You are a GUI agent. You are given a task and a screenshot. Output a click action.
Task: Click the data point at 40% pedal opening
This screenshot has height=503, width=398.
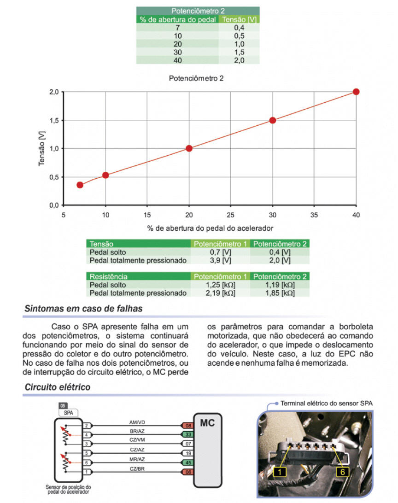[356, 92]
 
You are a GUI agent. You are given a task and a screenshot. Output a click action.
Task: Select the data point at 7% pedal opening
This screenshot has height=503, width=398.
[80, 185]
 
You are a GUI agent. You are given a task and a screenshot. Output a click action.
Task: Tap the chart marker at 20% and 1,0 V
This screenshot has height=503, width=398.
[189, 148]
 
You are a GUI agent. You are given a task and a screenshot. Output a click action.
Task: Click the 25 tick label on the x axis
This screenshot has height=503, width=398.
[231, 215]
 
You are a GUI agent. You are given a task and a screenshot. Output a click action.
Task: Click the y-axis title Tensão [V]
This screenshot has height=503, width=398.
[42, 148]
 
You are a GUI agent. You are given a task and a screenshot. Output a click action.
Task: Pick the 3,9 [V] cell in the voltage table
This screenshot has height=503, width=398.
[220, 260]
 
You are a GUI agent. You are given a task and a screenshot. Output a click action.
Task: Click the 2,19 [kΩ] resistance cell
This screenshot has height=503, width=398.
[220, 293]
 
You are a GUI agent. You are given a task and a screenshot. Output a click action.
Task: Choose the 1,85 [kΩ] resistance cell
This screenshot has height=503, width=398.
[280, 293]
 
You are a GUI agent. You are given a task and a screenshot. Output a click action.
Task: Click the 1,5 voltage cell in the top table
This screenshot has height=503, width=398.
[239, 53]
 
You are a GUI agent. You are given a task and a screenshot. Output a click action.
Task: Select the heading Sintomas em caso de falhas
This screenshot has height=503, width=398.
[83, 309]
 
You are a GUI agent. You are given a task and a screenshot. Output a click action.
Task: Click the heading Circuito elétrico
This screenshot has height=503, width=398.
[57, 387]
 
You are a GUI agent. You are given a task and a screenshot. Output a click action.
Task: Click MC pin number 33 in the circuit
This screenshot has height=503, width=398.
[187, 434]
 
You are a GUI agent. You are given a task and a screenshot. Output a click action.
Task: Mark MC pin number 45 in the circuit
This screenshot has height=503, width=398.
[187, 462]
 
